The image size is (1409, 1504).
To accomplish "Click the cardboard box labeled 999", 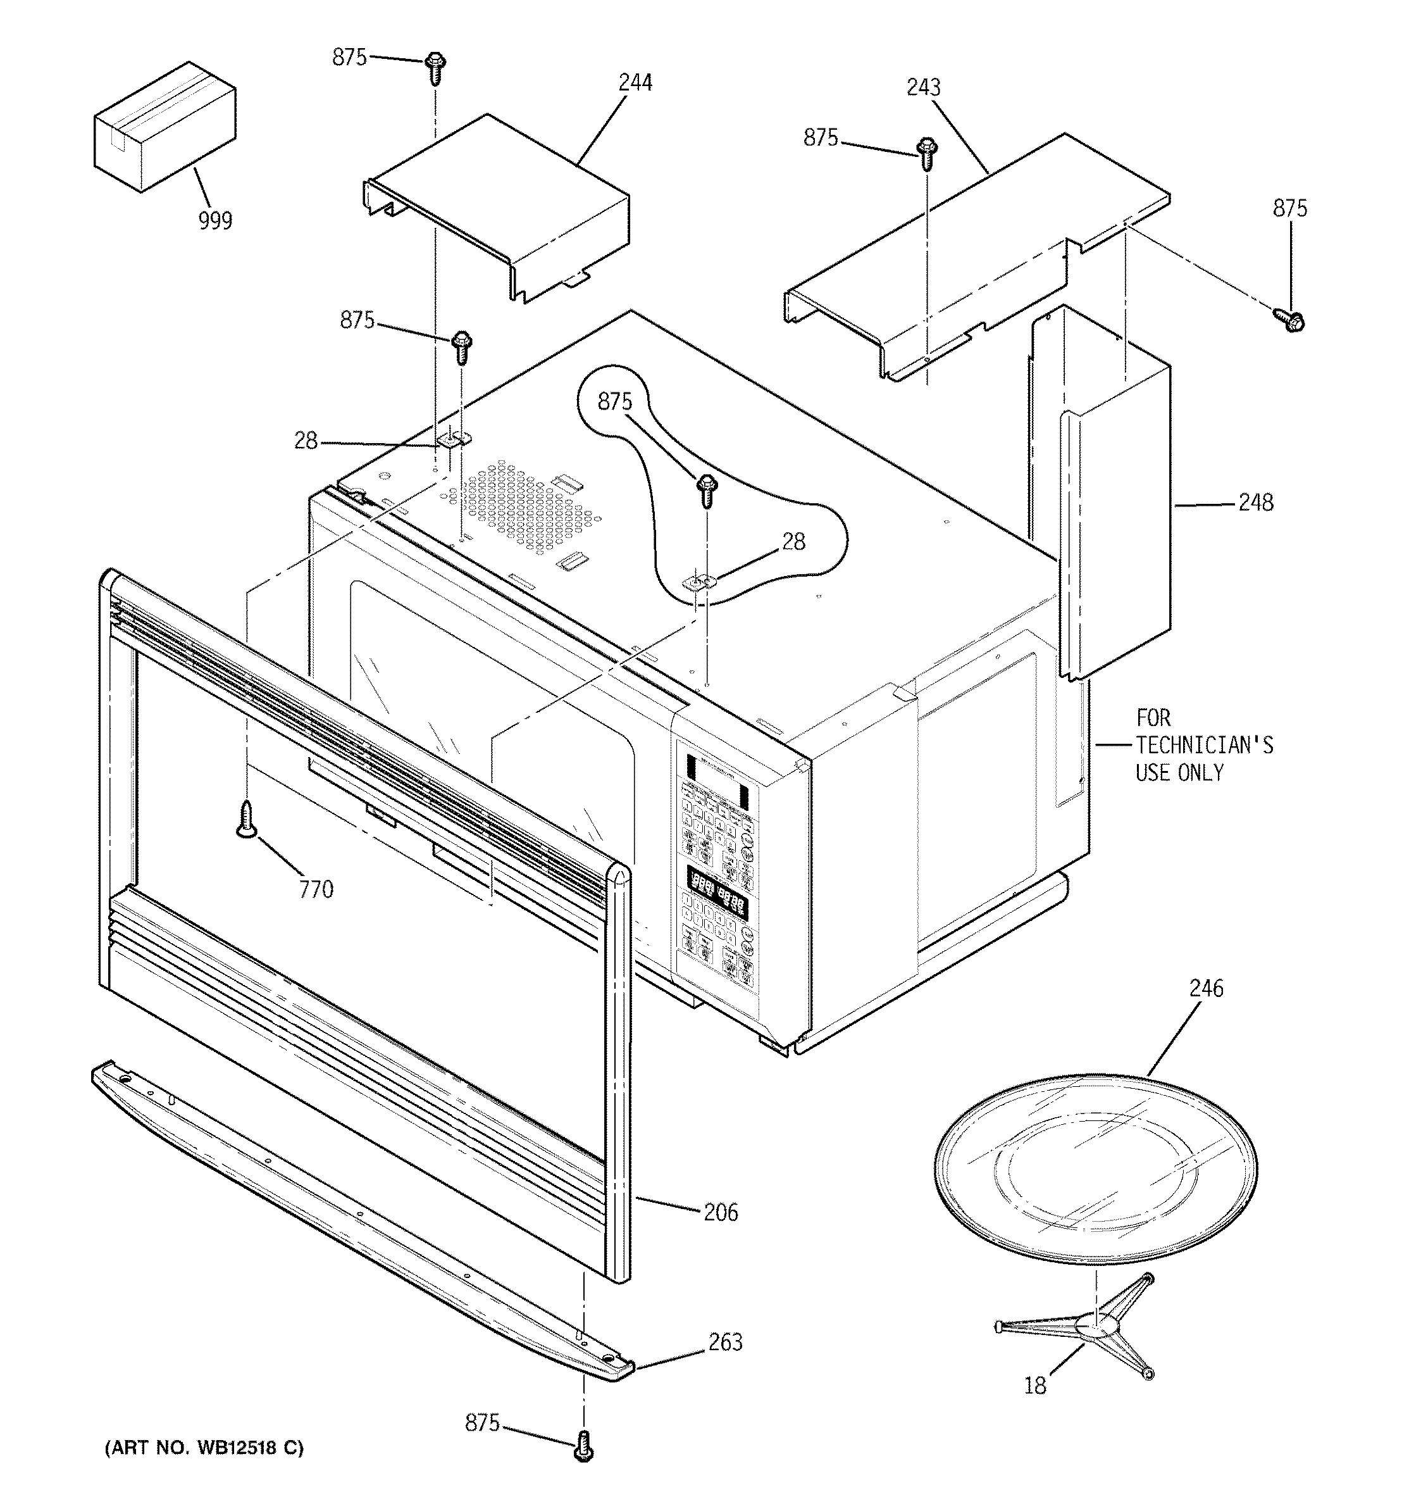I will [164, 128].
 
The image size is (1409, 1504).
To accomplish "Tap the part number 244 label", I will [635, 83].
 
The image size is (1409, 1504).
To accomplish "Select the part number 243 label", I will [924, 88].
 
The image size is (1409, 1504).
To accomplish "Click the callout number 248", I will [1255, 503].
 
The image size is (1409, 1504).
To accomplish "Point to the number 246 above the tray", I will [1205, 988].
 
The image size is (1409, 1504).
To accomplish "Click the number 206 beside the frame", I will [720, 1213].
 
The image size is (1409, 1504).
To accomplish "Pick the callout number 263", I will [724, 1342].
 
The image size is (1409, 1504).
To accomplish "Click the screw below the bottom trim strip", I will [584, 1446].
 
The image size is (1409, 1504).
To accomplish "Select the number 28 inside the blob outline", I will [793, 542].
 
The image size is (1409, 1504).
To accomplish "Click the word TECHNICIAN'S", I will [1203, 745].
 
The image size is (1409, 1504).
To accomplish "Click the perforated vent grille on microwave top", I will [522, 507].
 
